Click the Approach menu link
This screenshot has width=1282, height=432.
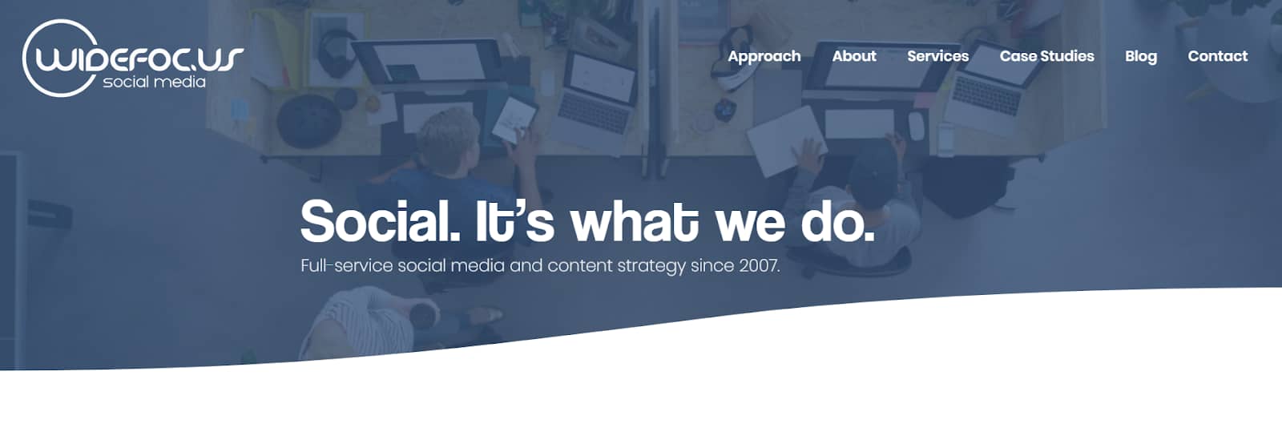pyautogui.click(x=764, y=57)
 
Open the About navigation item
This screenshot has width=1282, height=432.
pyautogui.click(x=854, y=56)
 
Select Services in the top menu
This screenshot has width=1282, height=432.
pyautogui.click(x=938, y=56)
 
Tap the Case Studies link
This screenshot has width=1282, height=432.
pyautogui.click(x=1046, y=56)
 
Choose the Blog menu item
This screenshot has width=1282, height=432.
pyautogui.click(x=1141, y=57)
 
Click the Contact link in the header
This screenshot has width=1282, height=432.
pyautogui.click(x=1217, y=56)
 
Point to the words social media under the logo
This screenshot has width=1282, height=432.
pyautogui.click(x=154, y=82)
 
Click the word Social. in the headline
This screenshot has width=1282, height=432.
pyautogui.click(x=380, y=221)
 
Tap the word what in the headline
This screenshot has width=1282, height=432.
pyautogui.click(x=634, y=221)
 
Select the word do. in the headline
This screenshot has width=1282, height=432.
pyautogui.click(x=837, y=222)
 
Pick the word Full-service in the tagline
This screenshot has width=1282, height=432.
pyautogui.click(x=346, y=265)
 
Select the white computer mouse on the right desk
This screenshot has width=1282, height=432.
pyautogui.click(x=917, y=125)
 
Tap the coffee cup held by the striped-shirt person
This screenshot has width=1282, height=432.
pyautogui.click(x=424, y=314)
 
